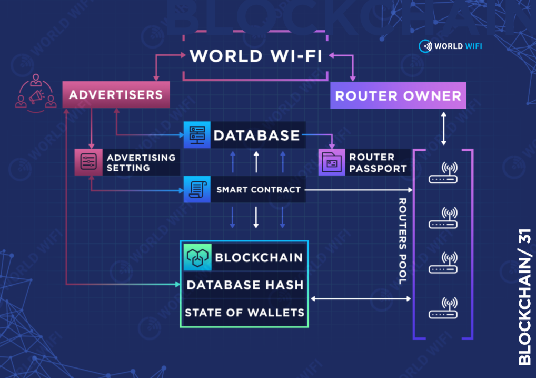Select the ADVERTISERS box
(x=116, y=95)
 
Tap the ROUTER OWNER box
(x=398, y=95)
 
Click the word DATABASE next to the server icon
(x=256, y=135)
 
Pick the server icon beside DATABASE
(x=196, y=135)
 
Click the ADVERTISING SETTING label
(x=141, y=162)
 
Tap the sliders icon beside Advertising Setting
(x=87, y=162)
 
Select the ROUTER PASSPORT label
(x=378, y=163)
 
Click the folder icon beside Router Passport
(x=332, y=162)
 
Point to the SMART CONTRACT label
(x=259, y=190)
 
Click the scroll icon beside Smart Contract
(x=196, y=190)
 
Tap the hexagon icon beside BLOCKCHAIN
(x=198, y=257)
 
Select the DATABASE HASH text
(x=245, y=285)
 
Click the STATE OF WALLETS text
(x=244, y=313)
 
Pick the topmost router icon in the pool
(x=443, y=173)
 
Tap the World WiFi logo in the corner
(x=450, y=46)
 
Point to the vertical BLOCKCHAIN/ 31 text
(x=524, y=297)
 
